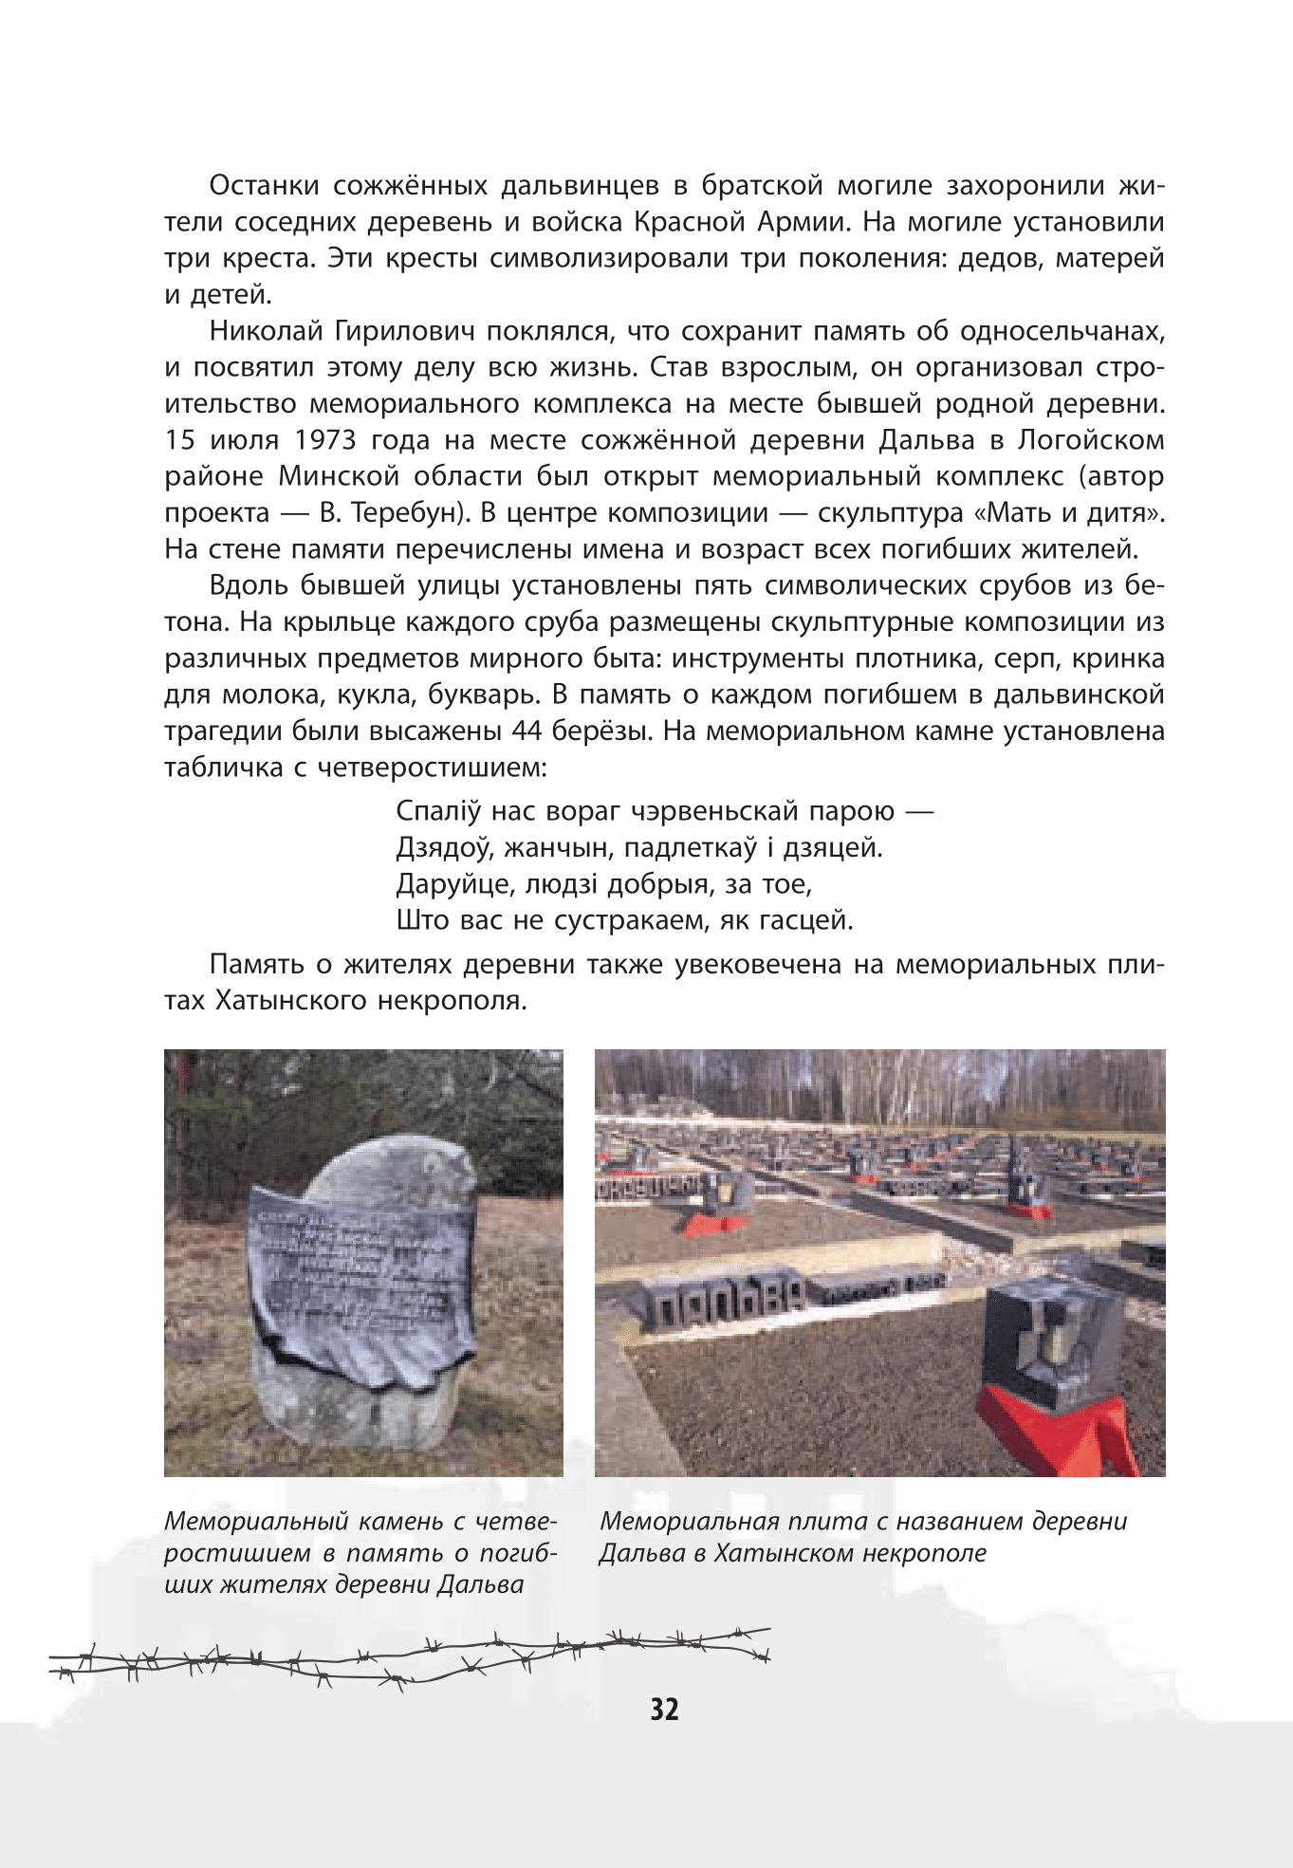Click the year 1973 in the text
coord(325,440)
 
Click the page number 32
coord(664,1709)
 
